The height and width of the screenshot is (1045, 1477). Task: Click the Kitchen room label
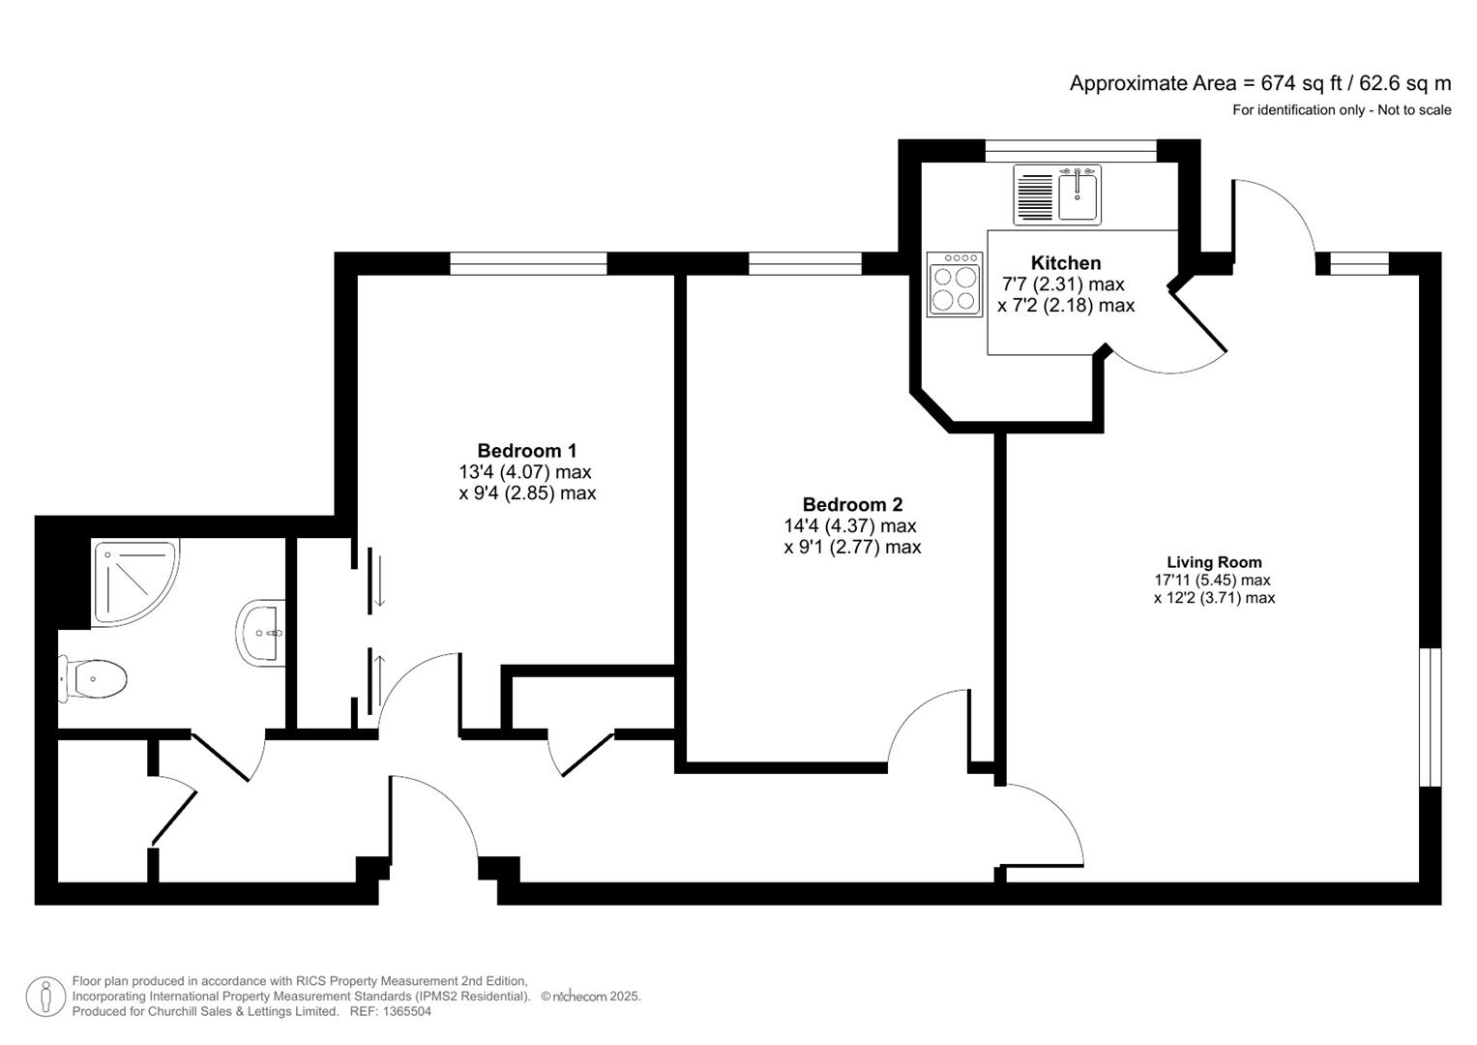[1065, 263]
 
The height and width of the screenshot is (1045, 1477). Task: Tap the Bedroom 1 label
[526, 451]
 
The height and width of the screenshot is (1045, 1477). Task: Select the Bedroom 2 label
[852, 505]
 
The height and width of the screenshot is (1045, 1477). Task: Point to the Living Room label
[1214, 562]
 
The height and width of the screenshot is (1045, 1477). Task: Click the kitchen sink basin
[1078, 196]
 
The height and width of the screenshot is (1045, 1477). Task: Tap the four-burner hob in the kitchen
[955, 284]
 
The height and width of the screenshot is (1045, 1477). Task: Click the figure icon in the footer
[45, 997]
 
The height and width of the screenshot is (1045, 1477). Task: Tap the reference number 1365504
[406, 1012]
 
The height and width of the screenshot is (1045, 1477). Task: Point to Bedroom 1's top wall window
[528, 263]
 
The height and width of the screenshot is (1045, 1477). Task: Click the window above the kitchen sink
[1071, 150]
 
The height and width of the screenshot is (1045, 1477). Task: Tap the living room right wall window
[1431, 717]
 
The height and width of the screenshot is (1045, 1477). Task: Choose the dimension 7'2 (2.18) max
[1066, 306]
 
